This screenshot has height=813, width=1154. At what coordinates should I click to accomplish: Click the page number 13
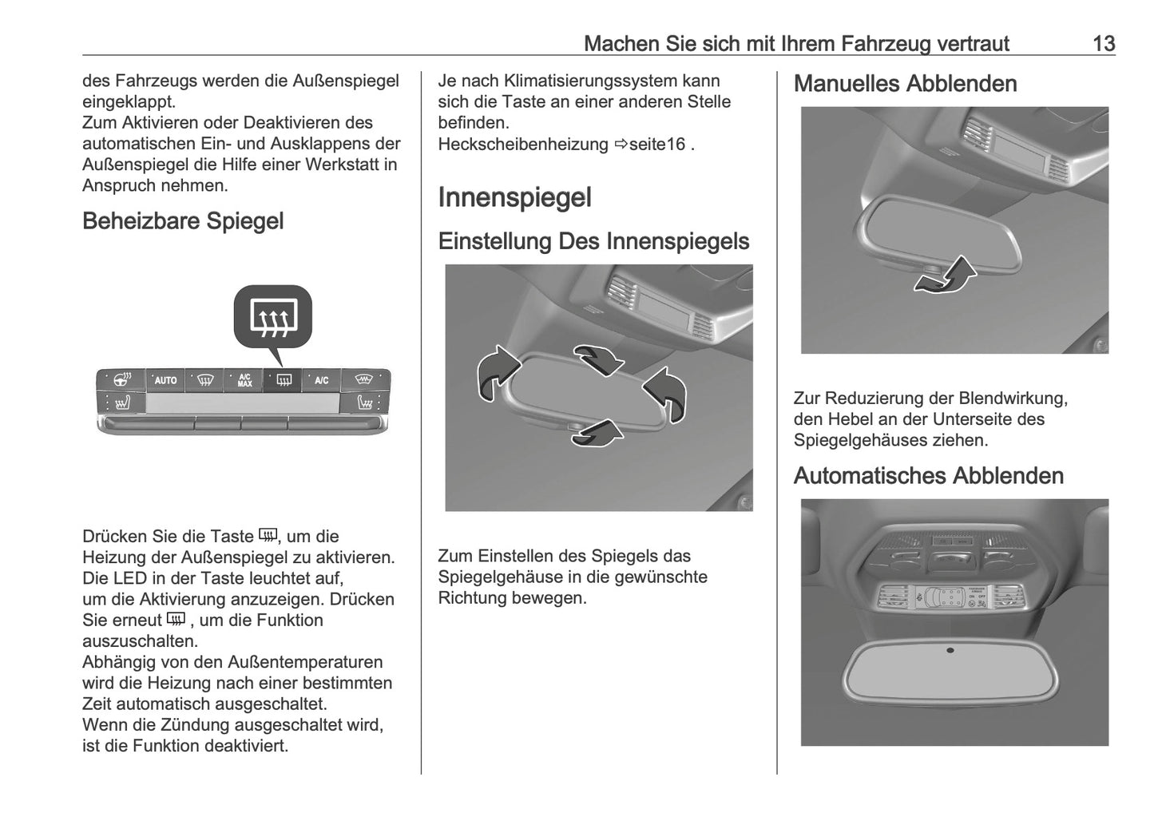[1103, 43]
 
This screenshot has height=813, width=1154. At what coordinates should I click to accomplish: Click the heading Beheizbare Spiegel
[183, 221]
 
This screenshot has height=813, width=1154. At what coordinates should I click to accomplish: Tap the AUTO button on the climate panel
[165, 380]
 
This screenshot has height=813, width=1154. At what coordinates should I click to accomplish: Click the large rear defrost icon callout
[273, 317]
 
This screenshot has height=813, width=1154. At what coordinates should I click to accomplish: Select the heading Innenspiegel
[514, 198]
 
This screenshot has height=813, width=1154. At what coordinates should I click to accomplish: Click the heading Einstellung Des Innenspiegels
[593, 241]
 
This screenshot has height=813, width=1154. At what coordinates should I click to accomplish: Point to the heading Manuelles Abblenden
[905, 84]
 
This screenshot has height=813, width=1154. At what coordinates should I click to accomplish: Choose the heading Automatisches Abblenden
[928, 476]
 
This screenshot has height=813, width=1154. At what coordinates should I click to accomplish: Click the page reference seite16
[656, 145]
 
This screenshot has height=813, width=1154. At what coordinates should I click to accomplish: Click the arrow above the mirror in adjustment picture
[599, 359]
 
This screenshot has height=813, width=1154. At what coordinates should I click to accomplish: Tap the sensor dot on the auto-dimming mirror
[950, 650]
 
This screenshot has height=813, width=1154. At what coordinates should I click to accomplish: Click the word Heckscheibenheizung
[522, 145]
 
